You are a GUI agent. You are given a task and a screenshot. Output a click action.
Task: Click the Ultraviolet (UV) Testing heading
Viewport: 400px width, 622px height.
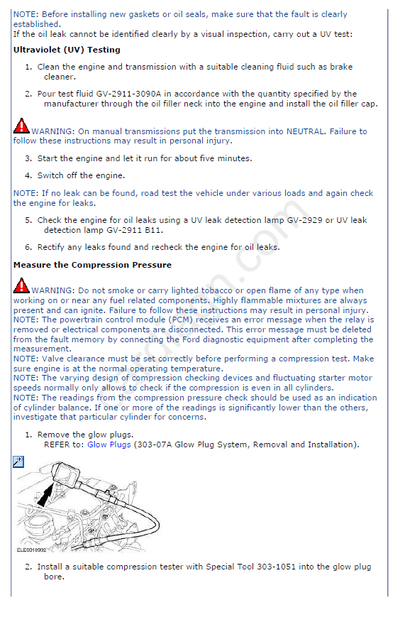point(67,50)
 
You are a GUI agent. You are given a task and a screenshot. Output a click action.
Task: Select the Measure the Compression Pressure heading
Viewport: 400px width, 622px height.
point(92,265)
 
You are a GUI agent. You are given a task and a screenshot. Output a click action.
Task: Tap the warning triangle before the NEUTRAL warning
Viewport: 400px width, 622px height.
point(21,126)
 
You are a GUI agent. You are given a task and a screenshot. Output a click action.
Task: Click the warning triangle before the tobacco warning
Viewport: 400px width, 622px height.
point(21,285)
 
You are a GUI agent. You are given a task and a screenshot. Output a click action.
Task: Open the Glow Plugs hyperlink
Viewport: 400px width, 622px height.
point(109,444)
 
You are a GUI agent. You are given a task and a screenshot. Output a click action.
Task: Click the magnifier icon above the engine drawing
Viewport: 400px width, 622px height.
point(18,462)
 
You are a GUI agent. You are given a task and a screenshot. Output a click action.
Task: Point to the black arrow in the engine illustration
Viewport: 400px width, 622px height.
point(46,496)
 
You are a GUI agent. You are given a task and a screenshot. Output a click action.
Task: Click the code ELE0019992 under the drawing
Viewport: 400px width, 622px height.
point(31,550)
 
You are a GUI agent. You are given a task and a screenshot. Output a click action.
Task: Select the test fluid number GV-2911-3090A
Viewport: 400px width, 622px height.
point(128,94)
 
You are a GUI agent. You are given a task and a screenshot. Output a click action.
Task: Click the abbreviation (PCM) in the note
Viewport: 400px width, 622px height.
point(182,320)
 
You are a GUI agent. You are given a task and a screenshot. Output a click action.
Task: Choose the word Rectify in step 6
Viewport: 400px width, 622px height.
point(51,247)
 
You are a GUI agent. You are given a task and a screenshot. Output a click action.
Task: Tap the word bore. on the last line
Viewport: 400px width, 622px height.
point(55,577)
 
